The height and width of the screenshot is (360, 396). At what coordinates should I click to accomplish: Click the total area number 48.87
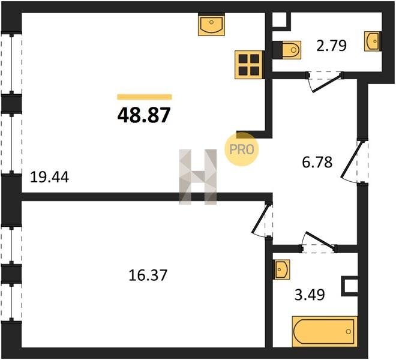point(144,115)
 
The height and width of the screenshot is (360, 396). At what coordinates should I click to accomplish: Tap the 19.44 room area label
point(49,177)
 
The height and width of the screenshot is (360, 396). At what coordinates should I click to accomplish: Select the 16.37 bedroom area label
point(148,275)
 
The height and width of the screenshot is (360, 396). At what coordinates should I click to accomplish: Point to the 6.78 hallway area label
point(317,162)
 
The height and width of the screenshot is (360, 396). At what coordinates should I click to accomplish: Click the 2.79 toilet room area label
point(331,46)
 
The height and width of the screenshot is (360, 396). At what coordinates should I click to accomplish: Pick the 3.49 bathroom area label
point(310,295)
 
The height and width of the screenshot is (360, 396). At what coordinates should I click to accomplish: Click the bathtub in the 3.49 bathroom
point(325,331)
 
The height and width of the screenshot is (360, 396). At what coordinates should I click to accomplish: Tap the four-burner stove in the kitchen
point(249,65)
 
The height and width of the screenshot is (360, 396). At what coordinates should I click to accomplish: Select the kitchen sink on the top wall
point(211,25)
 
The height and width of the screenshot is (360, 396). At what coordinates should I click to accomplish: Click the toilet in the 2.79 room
point(290,50)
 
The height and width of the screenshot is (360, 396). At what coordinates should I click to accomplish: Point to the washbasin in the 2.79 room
point(372,41)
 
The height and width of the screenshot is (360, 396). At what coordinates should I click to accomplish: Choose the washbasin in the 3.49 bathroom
point(282,269)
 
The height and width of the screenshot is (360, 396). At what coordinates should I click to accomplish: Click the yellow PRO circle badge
point(242,149)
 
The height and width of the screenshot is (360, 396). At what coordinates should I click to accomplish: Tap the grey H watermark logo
point(198,176)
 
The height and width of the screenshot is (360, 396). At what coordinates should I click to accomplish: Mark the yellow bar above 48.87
point(145,97)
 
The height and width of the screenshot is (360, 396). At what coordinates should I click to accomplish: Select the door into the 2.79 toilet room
point(325,83)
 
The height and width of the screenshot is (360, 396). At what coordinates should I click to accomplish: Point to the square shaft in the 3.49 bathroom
point(350,286)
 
